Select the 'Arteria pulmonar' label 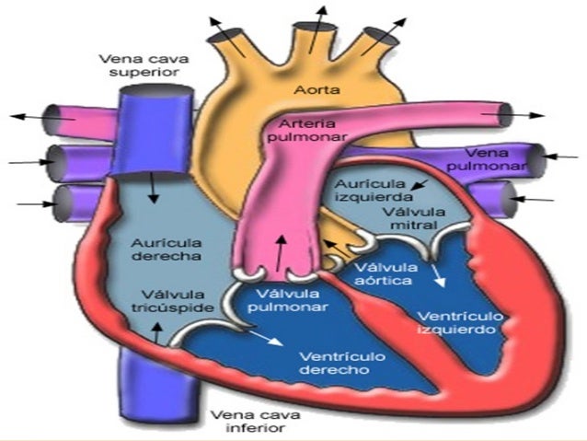point(307,130)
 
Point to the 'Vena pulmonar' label point(493,159)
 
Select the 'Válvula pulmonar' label point(284,300)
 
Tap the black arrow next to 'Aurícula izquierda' point(419,187)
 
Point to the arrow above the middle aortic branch point(321,20)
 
